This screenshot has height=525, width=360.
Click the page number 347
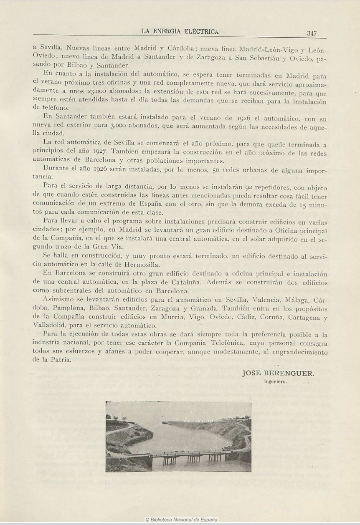312,33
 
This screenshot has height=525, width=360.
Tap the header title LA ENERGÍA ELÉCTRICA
180,31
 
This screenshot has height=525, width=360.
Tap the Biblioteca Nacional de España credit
181,520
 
